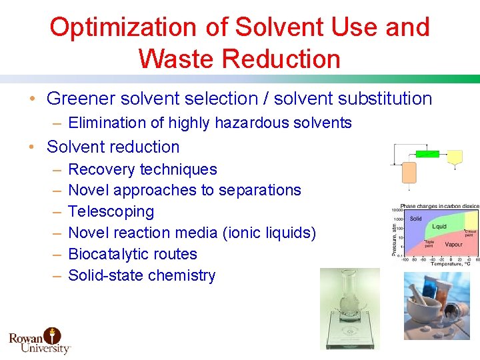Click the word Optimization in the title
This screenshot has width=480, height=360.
click(x=117, y=27)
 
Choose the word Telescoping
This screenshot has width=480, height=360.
click(x=111, y=211)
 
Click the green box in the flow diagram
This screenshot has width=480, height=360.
click(x=427, y=153)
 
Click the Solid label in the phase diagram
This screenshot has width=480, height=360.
click(x=415, y=219)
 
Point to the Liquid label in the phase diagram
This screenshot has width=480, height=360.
click(x=439, y=227)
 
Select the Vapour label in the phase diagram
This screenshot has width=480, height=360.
click(x=453, y=244)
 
